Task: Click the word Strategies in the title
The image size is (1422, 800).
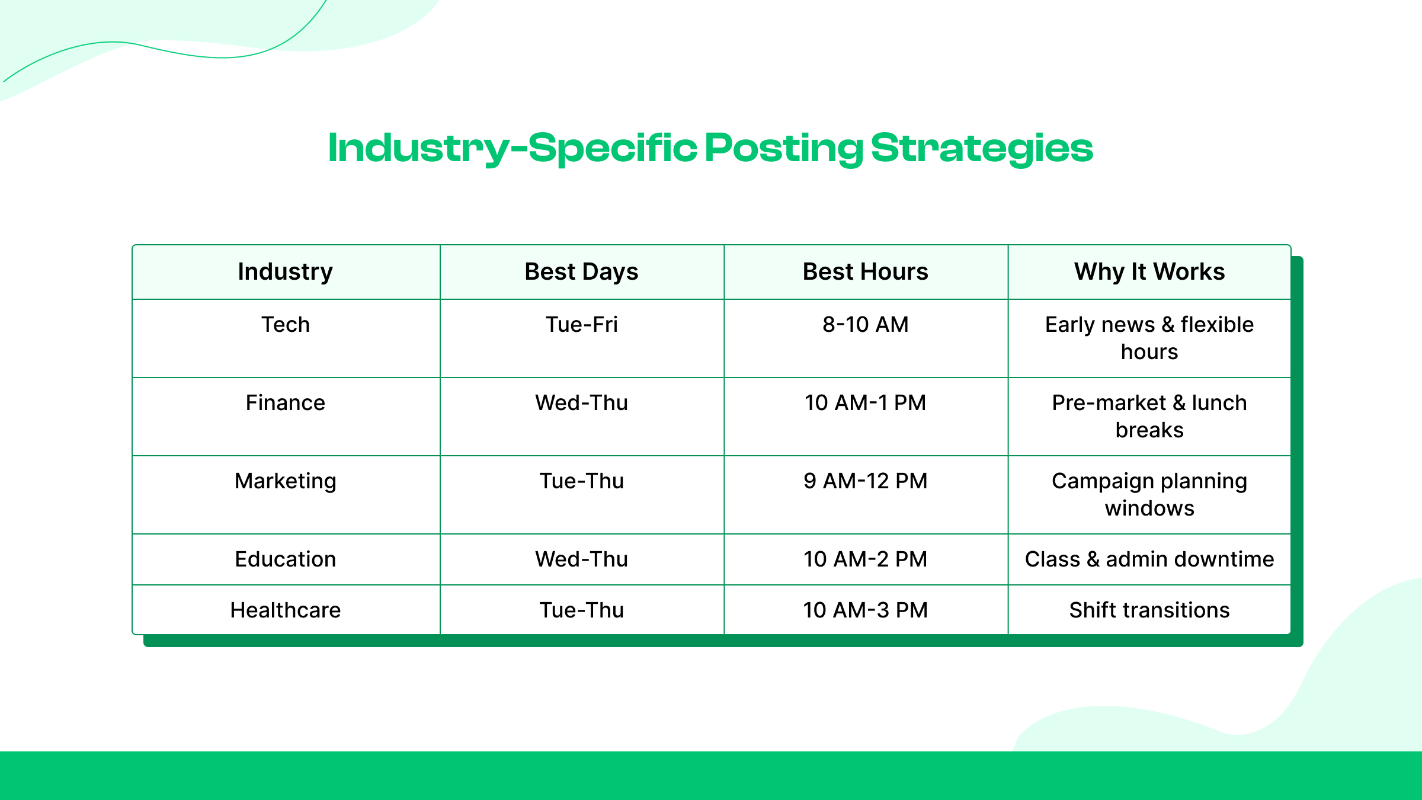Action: point(981,148)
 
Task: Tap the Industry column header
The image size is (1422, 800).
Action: point(285,272)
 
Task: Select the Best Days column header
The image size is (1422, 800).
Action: point(581,272)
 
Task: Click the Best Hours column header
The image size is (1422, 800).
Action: point(865,272)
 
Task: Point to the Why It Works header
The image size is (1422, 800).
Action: point(1149,272)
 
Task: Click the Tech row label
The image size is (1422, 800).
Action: point(285,325)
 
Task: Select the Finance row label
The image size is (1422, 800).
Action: point(285,403)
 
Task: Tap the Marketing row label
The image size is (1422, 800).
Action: point(285,481)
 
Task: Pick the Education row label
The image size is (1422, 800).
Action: point(285,559)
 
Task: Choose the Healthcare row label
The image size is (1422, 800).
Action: point(285,610)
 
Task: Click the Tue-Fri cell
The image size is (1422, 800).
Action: point(581,325)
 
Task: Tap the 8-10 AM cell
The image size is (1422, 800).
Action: point(865,325)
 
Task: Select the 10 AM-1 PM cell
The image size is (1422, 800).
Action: point(865,403)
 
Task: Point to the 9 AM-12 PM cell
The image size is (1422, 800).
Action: point(865,481)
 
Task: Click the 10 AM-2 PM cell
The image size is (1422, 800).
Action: point(865,559)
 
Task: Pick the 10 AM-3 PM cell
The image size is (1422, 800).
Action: point(865,610)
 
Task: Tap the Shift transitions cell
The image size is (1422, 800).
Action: point(1149,610)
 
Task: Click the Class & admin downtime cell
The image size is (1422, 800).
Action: point(1149,559)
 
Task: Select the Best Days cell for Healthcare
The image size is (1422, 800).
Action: point(581,610)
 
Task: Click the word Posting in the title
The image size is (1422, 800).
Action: point(783,148)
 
